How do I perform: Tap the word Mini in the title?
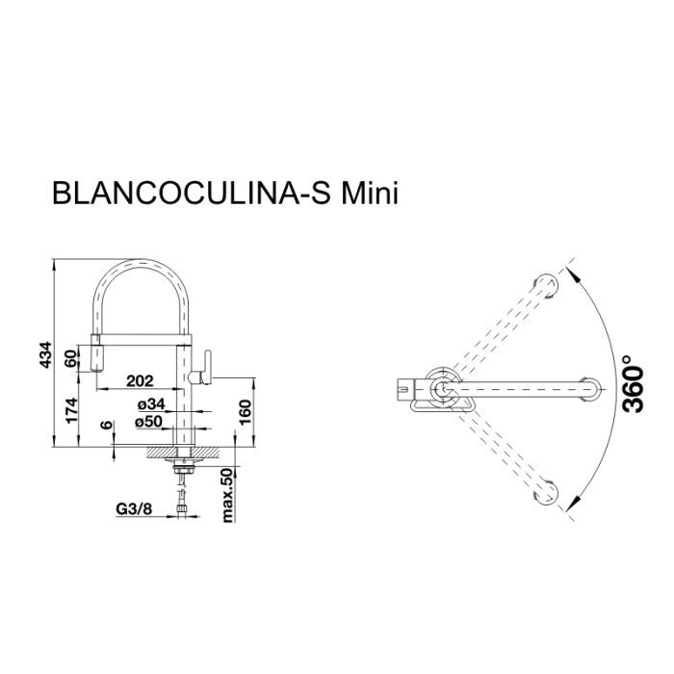click(367, 193)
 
